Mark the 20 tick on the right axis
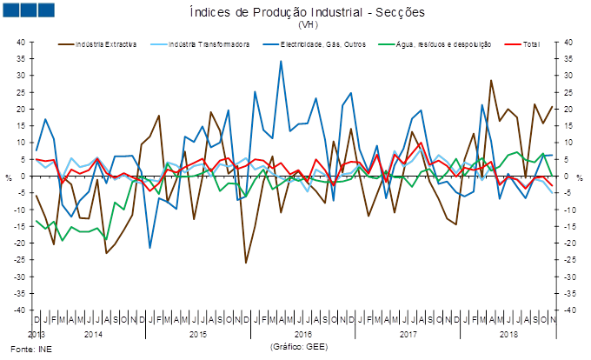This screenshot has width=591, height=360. [569, 109]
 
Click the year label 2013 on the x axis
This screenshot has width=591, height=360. [36, 334]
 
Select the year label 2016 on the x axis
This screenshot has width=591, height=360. [302, 334]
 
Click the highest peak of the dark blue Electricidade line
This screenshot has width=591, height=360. [281, 61]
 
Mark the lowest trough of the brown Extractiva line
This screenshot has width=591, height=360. [246, 262]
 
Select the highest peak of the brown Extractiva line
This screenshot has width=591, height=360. [491, 80]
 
